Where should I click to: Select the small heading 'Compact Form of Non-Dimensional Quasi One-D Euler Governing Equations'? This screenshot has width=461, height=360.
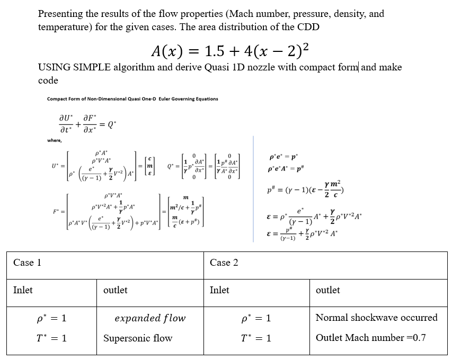pos(132,99)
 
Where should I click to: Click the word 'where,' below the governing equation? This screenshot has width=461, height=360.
pos(54,140)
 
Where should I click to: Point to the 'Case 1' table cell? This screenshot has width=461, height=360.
pos(27,263)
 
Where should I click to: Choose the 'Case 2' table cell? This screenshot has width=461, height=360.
pos(224,263)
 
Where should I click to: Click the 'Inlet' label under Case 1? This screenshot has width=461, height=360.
pos(23,290)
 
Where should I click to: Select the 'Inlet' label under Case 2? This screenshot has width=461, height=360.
pos(219,290)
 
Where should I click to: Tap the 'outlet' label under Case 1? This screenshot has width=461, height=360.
pos(115,290)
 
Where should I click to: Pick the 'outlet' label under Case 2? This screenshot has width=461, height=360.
pos(327,290)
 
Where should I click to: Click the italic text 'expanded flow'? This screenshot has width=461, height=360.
pos(150,318)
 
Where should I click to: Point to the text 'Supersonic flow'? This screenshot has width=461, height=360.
pos(138,338)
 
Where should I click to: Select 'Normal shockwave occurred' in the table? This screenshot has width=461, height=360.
pos(376,318)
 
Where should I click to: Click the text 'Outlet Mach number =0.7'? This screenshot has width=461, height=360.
pos(370,338)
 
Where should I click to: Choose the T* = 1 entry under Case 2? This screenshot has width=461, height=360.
pos(255,338)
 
